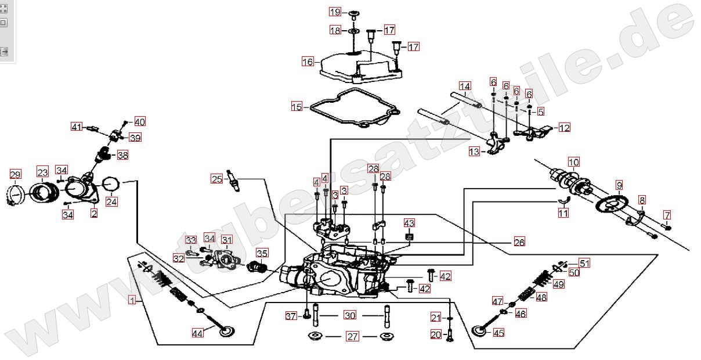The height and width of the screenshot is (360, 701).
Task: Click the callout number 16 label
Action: (308, 61)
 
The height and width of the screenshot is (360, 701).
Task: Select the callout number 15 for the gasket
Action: (297, 106)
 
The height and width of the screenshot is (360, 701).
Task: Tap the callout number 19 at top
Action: (335, 12)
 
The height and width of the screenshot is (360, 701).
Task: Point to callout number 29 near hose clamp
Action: (16, 174)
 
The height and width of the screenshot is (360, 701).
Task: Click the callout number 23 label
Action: (42, 172)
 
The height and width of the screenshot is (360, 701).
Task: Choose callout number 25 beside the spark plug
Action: (216, 179)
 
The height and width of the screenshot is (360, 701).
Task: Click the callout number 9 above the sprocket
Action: (619, 185)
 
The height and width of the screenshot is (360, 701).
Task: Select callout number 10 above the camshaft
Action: (573, 162)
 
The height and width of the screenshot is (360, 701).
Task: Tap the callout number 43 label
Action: (410, 224)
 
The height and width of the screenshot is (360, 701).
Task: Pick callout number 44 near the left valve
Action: (198, 333)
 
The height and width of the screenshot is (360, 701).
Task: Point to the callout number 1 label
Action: (133, 300)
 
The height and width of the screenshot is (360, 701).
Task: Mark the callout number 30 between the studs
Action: (350, 315)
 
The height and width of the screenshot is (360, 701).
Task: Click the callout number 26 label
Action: (519, 242)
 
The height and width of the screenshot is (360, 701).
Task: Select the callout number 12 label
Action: (564, 128)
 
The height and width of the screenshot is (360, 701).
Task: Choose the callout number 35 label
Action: (262, 253)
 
